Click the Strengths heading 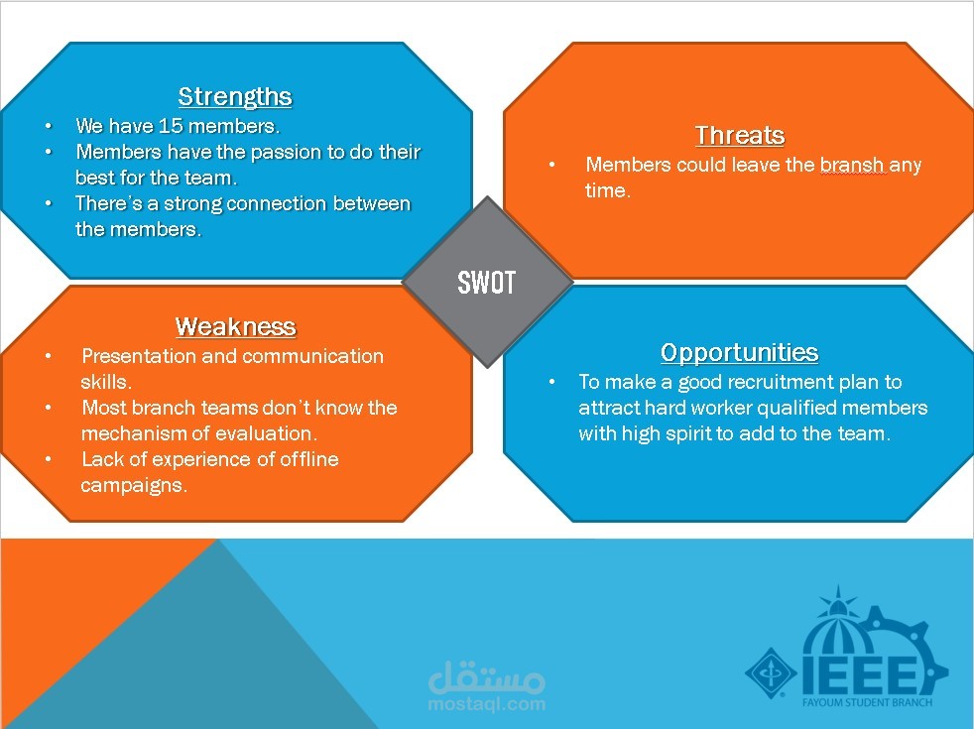tap(235, 96)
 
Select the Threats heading tap(739, 135)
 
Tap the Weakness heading tap(235, 326)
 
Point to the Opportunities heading tap(739, 352)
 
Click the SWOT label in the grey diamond tap(486, 283)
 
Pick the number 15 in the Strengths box tap(171, 127)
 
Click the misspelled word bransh tap(851, 165)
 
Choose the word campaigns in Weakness tap(132, 486)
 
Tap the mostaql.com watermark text tap(487, 704)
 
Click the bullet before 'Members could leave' tap(552, 165)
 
